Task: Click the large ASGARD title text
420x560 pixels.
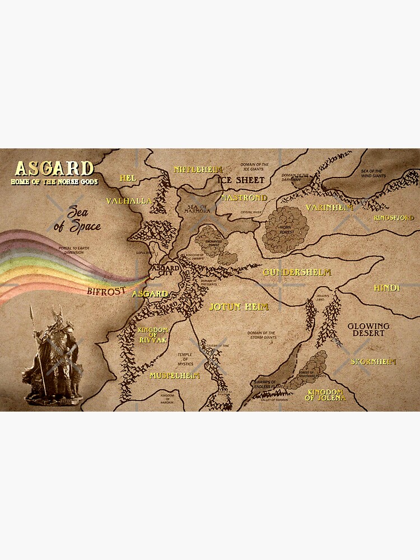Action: tap(54, 169)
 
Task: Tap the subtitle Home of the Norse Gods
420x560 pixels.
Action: tap(54, 181)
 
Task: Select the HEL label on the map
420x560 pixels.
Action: tap(128, 178)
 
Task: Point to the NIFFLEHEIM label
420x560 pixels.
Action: tap(198, 169)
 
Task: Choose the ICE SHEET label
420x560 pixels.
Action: tap(241, 180)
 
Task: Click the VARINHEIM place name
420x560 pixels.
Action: tap(330, 208)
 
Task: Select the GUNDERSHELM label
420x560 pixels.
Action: tap(297, 272)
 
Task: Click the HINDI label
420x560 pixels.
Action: tap(387, 288)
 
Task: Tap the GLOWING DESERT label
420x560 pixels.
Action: tap(368, 329)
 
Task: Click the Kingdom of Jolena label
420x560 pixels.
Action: tap(325, 394)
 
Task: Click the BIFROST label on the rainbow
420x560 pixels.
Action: tap(108, 291)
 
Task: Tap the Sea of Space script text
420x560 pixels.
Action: tap(80, 220)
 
